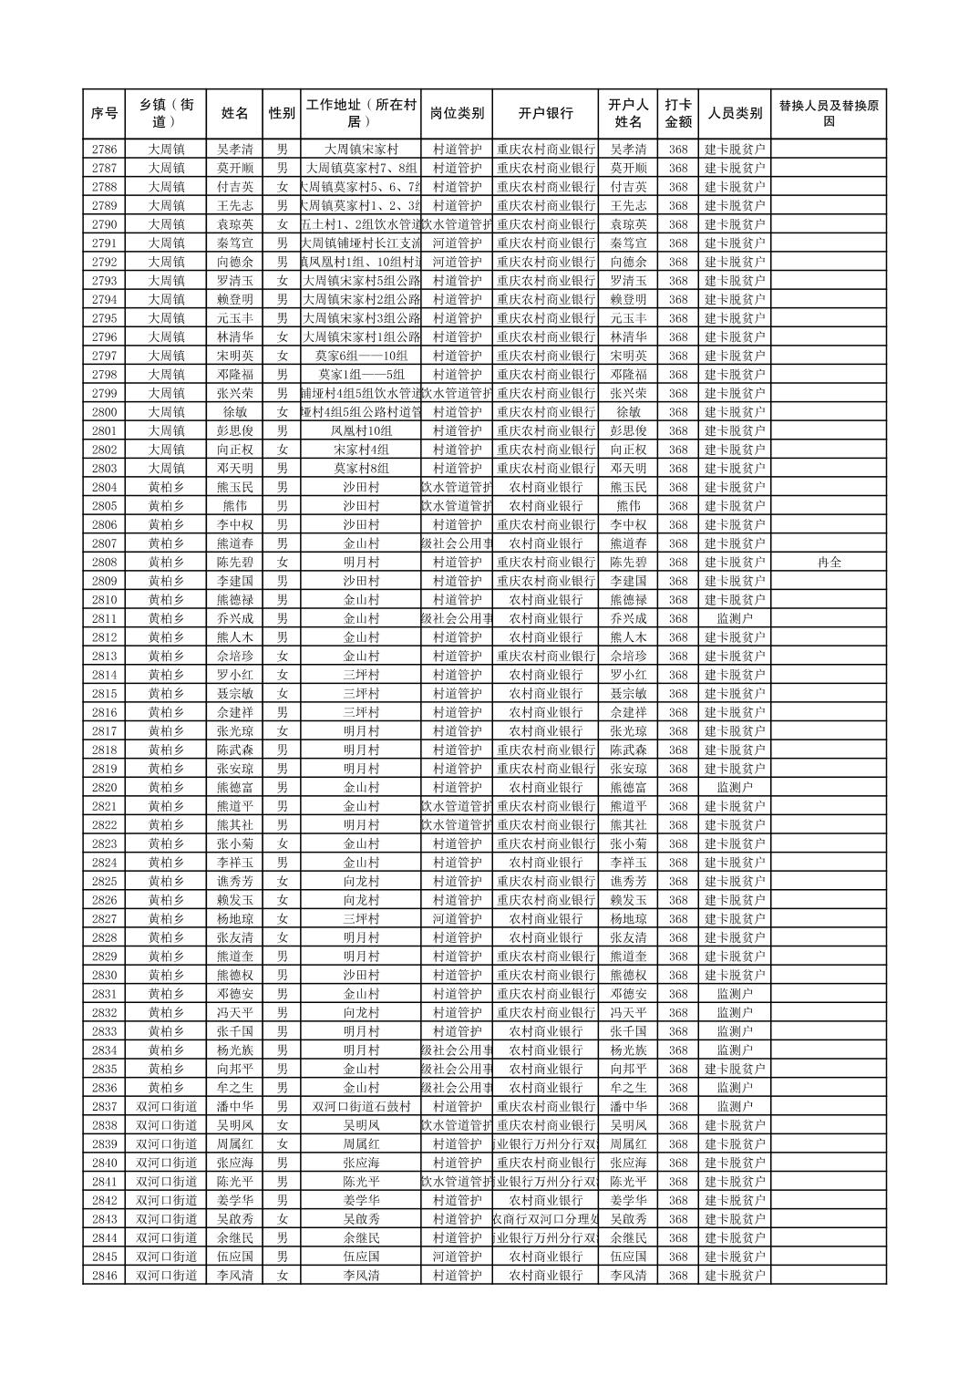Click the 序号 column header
[x=104, y=114]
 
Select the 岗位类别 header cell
[x=457, y=114]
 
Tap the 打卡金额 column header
[x=677, y=114]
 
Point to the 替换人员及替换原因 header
[x=828, y=114]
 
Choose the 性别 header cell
[x=282, y=114]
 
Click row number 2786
[x=104, y=150]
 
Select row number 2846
[x=104, y=1276]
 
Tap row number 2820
[x=104, y=788]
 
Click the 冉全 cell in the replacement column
[x=829, y=563]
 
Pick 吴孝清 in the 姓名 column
[x=235, y=150]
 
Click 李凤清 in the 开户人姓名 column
[x=628, y=1276]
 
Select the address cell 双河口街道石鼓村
[x=361, y=1107]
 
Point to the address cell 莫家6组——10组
[x=361, y=356]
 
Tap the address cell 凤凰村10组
[x=361, y=431]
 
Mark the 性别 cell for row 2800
[x=282, y=412]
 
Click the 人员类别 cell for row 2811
[x=735, y=619]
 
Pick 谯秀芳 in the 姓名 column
[x=235, y=882]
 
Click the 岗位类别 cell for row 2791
[x=457, y=243]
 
